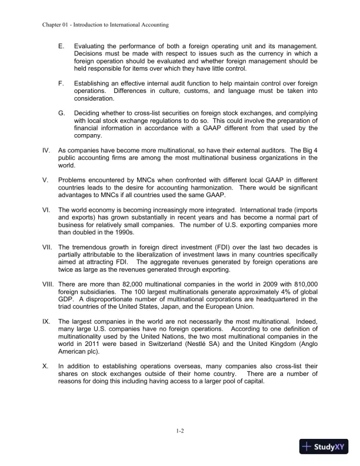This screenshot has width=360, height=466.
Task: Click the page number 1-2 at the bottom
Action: (x=181, y=431)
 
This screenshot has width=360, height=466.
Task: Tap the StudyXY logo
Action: (x=325, y=447)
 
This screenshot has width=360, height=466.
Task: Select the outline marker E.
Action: (x=61, y=45)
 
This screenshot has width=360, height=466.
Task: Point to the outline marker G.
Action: (x=62, y=112)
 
